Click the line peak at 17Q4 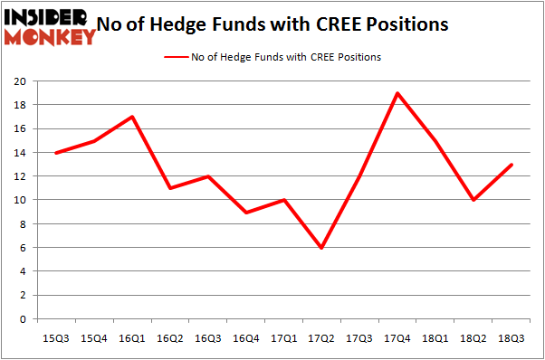tap(397, 92)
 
